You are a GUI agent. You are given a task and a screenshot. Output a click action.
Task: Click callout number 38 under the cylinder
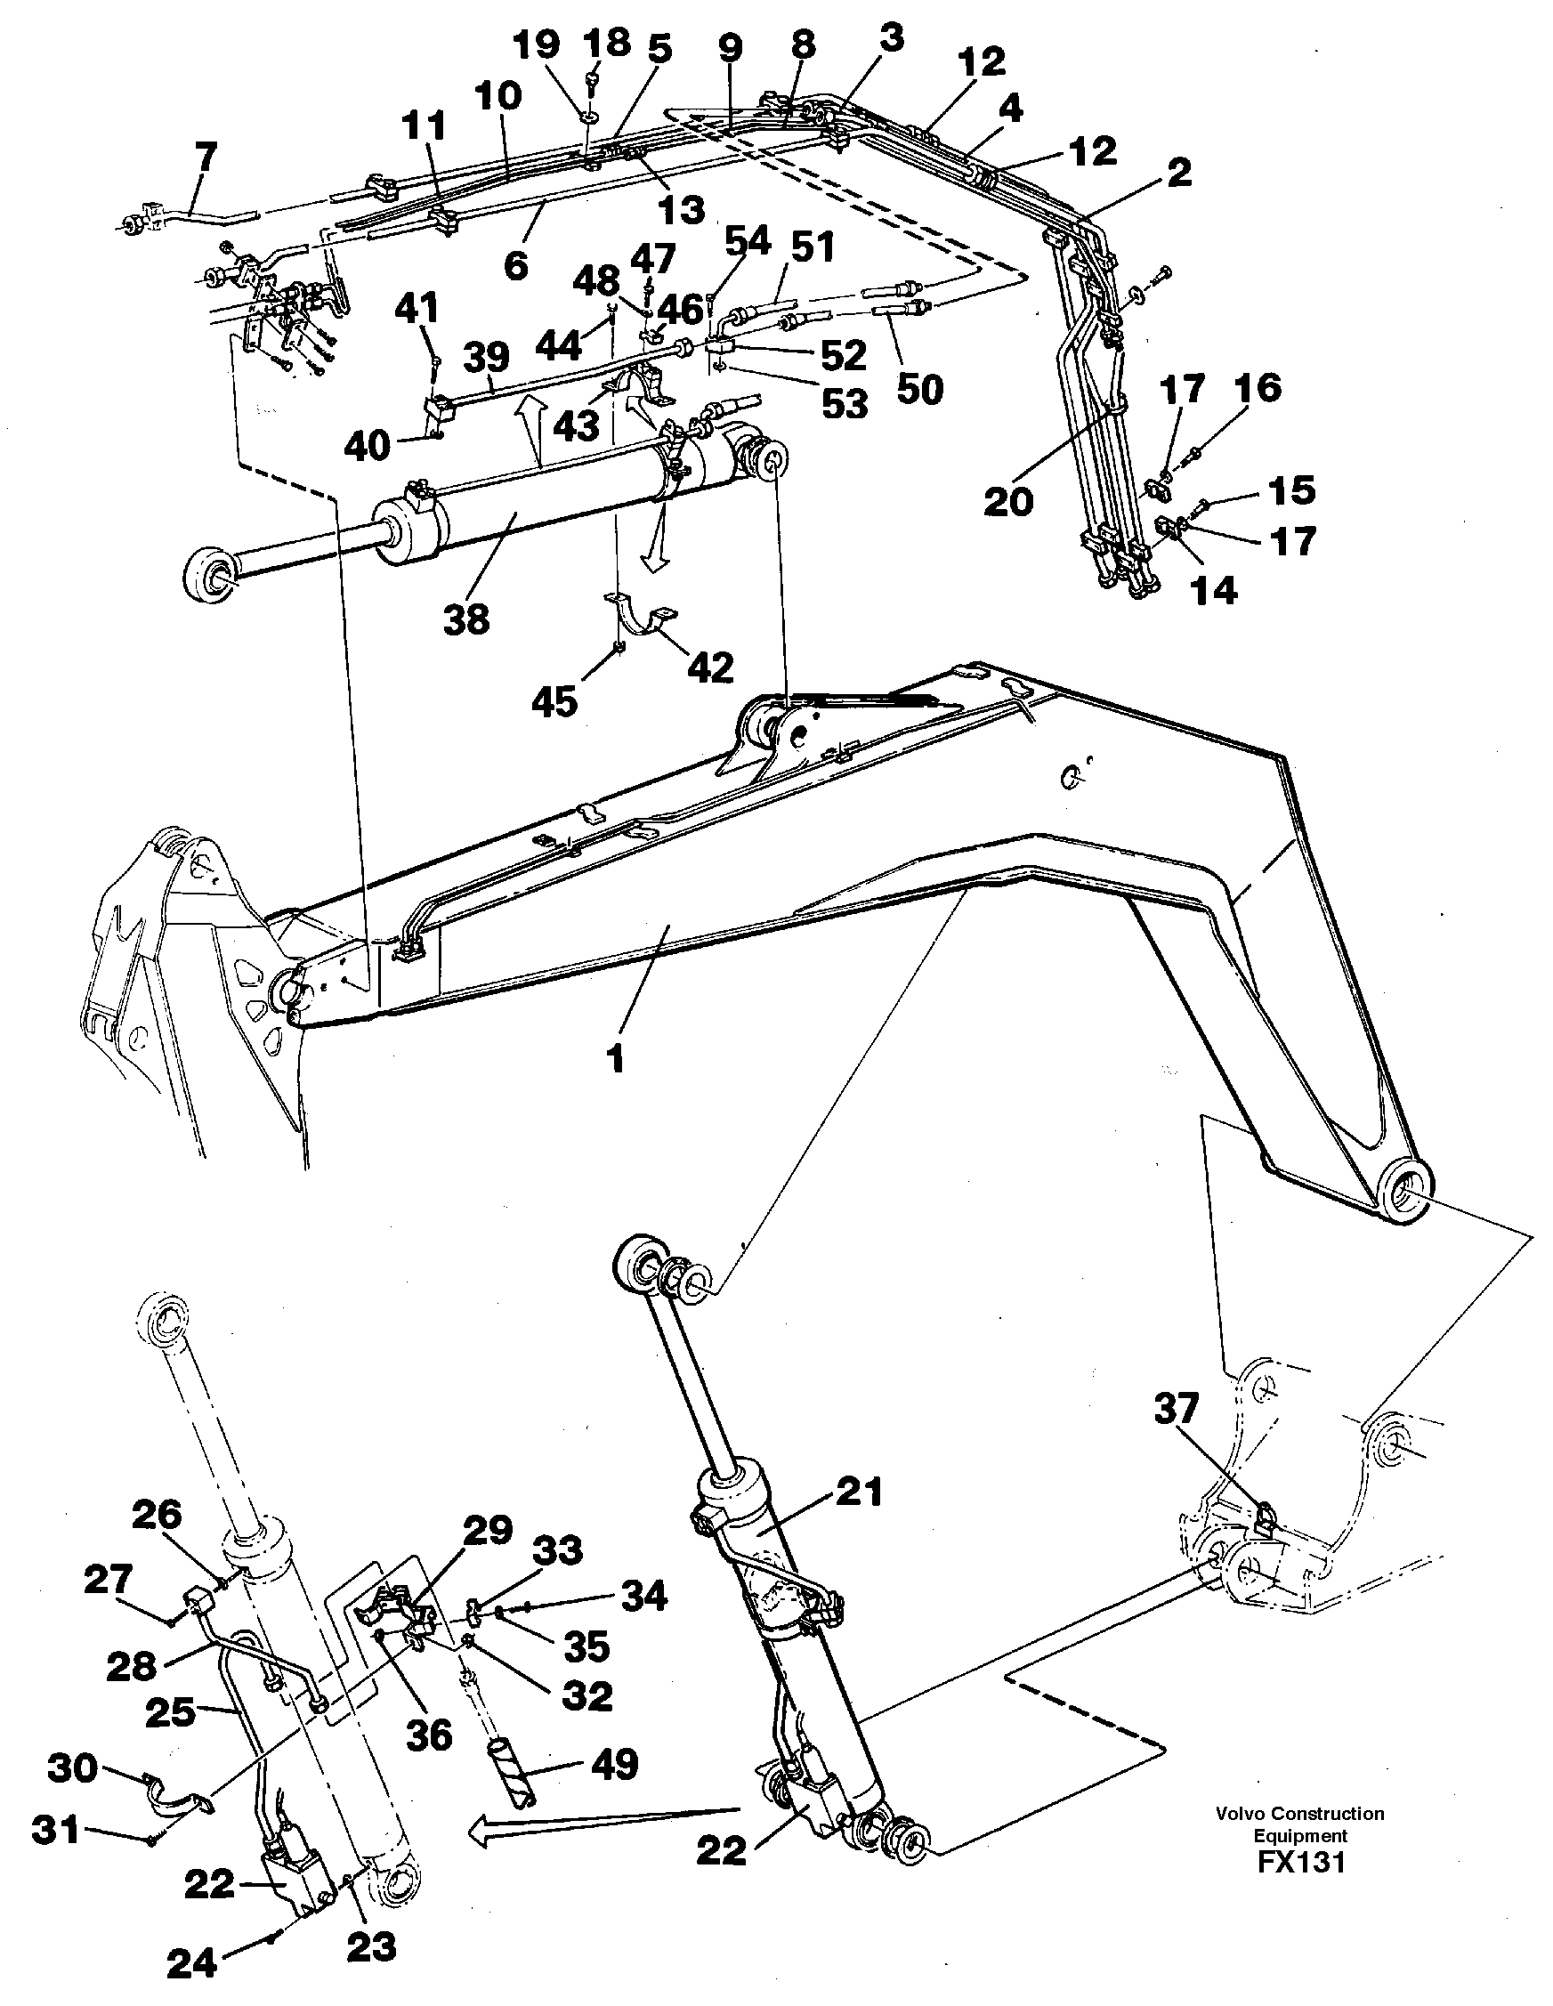[x=465, y=620]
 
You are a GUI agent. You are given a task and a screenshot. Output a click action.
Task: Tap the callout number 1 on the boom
[x=615, y=1059]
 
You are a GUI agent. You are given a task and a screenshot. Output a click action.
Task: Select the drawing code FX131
[x=1299, y=1864]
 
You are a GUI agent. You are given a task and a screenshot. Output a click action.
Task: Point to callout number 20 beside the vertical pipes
[x=1007, y=502]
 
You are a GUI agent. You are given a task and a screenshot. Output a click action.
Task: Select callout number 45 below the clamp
[x=554, y=701]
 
